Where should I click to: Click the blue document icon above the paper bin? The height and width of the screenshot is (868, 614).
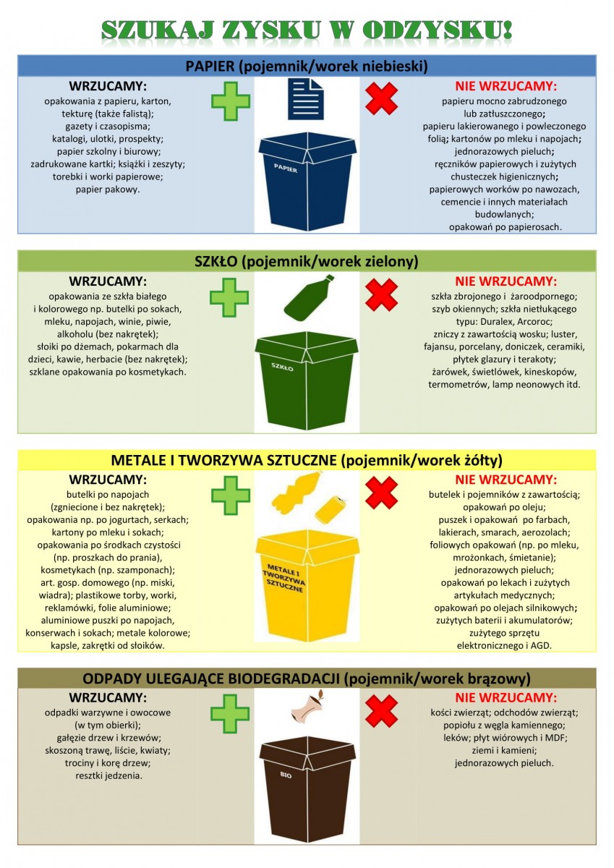tap(306, 99)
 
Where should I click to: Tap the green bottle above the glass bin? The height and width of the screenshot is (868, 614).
tap(309, 297)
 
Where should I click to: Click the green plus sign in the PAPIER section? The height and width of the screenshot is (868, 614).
tap(231, 101)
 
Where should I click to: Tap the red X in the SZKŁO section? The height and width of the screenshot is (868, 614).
tap(382, 295)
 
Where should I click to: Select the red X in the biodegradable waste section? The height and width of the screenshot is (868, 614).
tap(382, 711)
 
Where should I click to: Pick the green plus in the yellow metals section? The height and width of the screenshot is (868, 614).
tap(231, 495)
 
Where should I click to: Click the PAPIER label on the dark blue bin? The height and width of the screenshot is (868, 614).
tap(286, 168)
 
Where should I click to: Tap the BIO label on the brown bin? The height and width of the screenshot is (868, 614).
tap(286, 775)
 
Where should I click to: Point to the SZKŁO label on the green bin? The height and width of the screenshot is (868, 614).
tap(282, 367)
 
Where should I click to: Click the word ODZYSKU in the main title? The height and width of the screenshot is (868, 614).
tap(438, 30)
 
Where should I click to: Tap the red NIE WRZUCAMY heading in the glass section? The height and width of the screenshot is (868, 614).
tap(506, 281)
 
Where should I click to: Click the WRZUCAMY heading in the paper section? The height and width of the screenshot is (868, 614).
tap(108, 85)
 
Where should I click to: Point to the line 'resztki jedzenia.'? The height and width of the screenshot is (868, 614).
tap(109, 775)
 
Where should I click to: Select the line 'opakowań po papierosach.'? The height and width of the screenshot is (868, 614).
tap(505, 226)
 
